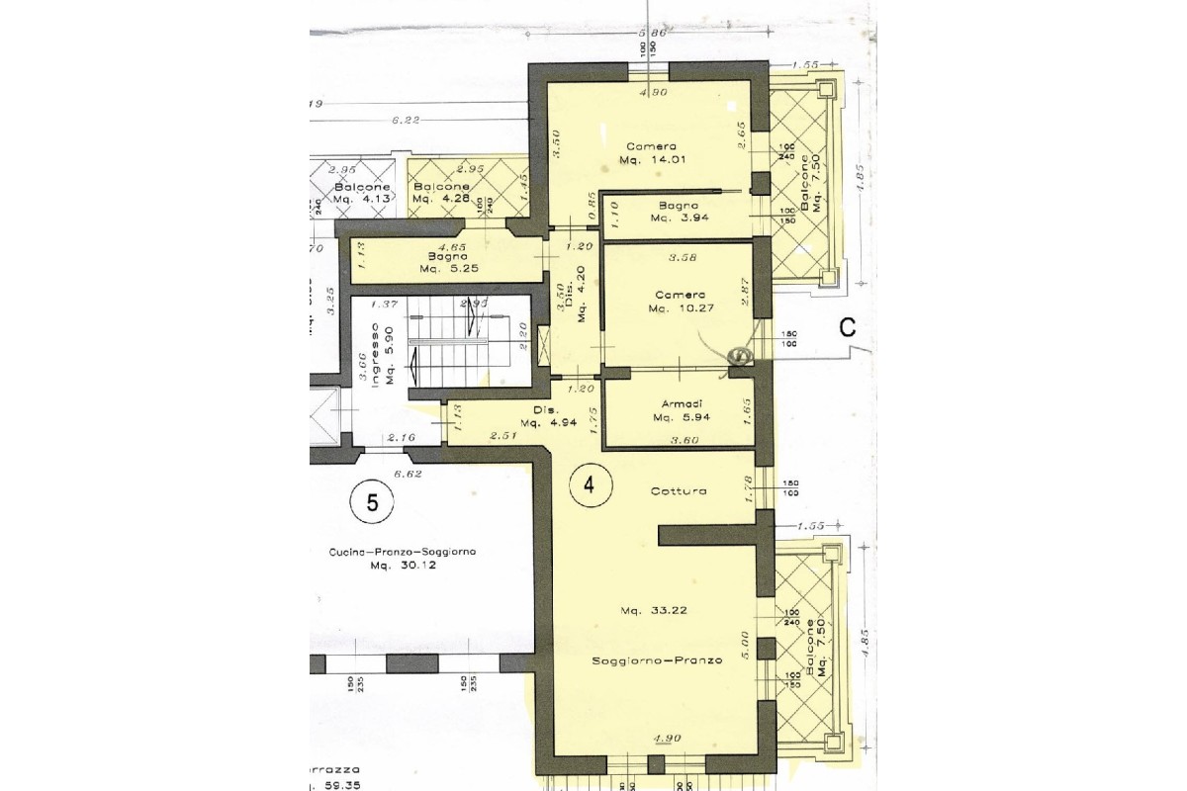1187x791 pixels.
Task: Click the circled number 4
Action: coord(591,485)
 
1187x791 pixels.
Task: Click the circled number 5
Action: coord(372,502)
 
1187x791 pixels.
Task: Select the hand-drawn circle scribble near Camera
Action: coord(738,352)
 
